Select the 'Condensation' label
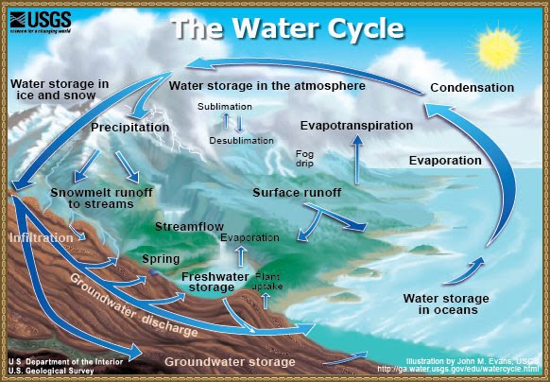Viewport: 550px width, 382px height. (472, 88)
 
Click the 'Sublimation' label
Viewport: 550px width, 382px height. (224, 106)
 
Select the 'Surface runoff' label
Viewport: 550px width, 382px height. (297, 193)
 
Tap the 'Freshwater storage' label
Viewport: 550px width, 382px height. (215, 282)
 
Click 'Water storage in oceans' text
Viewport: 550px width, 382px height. (439, 304)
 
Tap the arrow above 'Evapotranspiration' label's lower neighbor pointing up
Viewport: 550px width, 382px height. (357, 159)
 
